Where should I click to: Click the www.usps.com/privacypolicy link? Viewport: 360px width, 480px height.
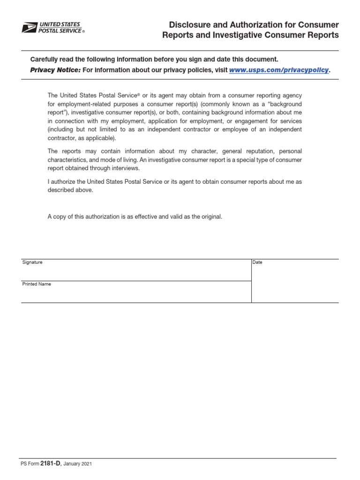point(279,70)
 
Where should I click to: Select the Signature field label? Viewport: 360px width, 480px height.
point(32,262)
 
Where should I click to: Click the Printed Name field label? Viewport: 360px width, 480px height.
point(37,284)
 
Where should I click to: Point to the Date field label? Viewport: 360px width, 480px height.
point(257,262)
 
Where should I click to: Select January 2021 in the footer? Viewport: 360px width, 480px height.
point(77,464)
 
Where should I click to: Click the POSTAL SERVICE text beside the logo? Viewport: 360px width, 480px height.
point(61,30)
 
